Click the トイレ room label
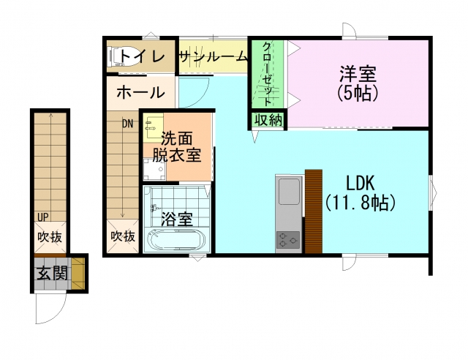click(x=142, y=56)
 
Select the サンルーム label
click(x=214, y=56)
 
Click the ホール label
click(x=140, y=92)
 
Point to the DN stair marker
click(x=127, y=124)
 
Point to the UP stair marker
click(x=43, y=217)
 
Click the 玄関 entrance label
click(x=52, y=273)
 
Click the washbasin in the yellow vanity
click(x=153, y=125)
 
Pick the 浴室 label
click(x=177, y=219)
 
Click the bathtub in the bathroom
click(x=177, y=240)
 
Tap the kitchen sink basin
click(x=289, y=191)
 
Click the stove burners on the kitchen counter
click(x=288, y=239)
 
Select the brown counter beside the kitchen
click(x=314, y=211)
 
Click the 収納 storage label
click(x=268, y=120)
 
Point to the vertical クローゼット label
click(x=267, y=74)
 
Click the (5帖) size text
click(x=358, y=93)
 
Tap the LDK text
click(x=360, y=183)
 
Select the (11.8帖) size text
click(x=361, y=203)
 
